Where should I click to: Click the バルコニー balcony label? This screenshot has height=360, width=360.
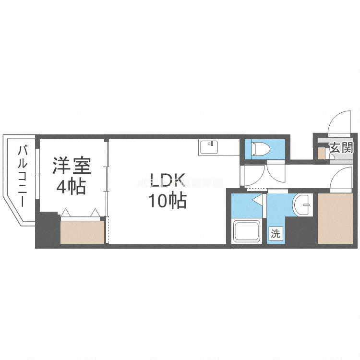[x=22, y=176]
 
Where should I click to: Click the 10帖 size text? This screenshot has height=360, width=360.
[x=167, y=202]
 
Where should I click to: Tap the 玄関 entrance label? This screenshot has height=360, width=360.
[x=341, y=148]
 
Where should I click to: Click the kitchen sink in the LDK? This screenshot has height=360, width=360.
[x=209, y=147]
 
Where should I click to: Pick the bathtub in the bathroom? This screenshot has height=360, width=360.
[x=246, y=232]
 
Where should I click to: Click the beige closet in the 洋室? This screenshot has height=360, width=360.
[x=82, y=232]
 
